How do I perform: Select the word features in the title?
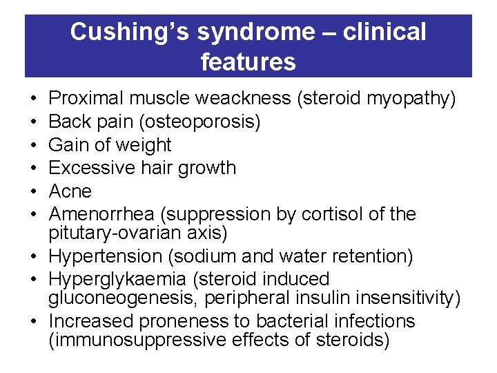(x=248, y=62)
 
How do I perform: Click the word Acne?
(x=70, y=191)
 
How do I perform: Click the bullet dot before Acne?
(x=35, y=191)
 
